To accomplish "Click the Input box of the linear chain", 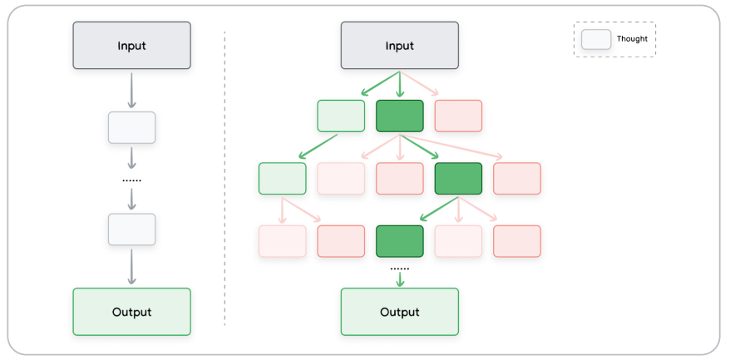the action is (131, 46).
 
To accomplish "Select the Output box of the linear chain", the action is (131, 312).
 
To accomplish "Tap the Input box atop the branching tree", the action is (399, 46).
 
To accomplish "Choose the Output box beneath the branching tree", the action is (399, 312).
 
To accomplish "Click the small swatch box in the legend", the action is (596, 39).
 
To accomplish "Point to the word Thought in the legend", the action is (632, 39).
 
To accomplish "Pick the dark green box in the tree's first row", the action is (399, 116).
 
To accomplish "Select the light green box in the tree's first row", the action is (341, 116).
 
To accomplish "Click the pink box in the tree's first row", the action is (458, 116).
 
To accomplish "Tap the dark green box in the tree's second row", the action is (458, 179).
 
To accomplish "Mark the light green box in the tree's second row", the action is (282, 179).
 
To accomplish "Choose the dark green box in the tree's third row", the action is (399, 241).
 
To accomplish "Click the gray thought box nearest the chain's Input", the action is (131, 127).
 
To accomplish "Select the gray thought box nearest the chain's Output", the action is (131, 229).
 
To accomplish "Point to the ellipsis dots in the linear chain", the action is (131, 180).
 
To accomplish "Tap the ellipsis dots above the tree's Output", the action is (399, 269).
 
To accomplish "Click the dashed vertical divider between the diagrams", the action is (224, 179).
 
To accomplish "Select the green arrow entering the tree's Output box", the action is (399, 280).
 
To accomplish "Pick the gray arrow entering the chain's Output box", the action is (131, 266).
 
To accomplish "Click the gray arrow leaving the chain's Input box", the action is (131, 90).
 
